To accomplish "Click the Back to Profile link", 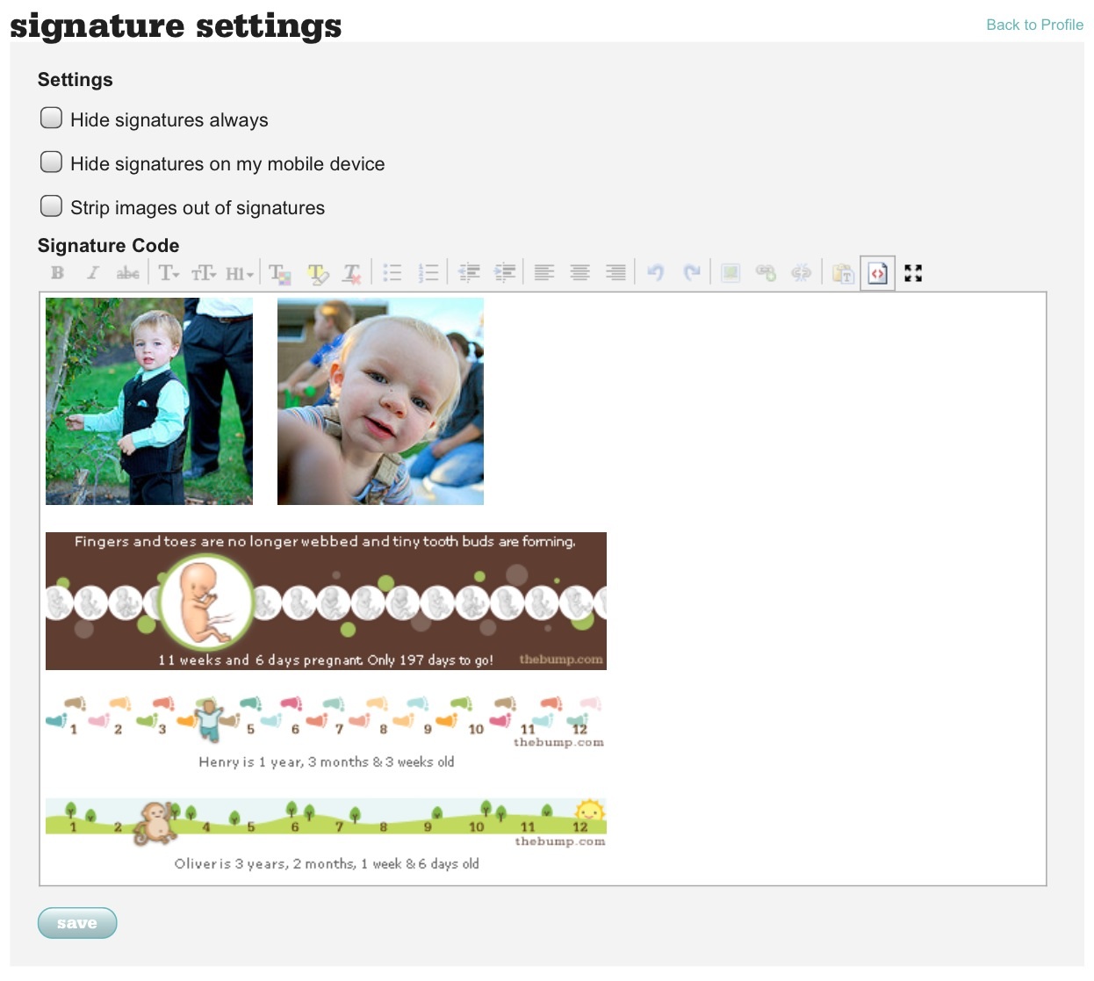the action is tap(1034, 25).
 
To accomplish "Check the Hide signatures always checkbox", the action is tap(51, 118).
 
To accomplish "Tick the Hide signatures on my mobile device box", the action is tap(51, 162).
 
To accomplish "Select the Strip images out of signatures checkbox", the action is tap(51, 206).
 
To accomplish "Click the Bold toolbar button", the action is tap(57, 273).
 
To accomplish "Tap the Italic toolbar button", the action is tap(93, 273).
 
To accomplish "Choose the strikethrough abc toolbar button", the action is tap(127, 273).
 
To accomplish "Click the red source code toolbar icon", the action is tap(877, 273).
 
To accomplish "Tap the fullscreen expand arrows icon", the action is tap(913, 273).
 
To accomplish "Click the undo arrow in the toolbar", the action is tap(655, 272).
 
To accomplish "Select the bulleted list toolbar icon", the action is tap(392, 273).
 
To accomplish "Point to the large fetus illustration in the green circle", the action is tap(205, 602).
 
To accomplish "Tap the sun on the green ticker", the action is tap(589, 811).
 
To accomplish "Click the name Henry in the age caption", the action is tap(219, 762).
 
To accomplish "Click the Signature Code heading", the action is tap(109, 246).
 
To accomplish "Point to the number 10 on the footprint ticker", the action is tap(476, 729).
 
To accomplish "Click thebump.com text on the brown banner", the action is tap(561, 659).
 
